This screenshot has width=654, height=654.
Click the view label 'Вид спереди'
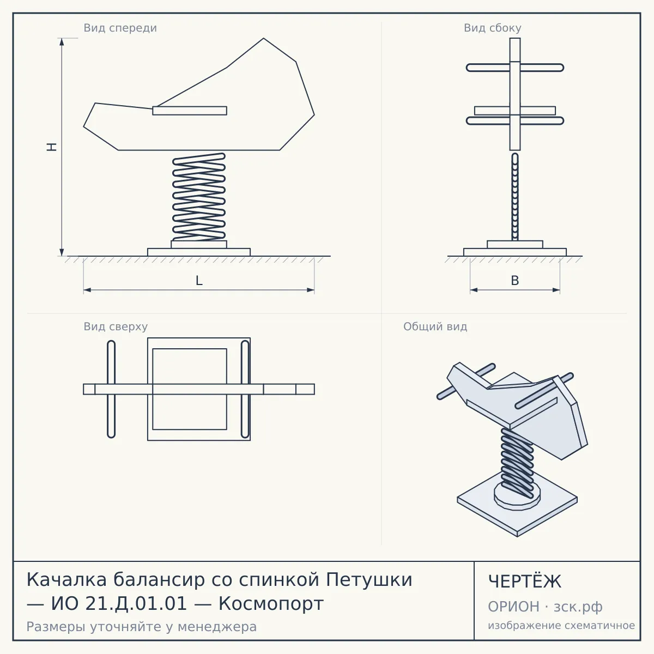pyautogui.click(x=120, y=28)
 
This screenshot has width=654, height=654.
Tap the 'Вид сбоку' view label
pyautogui.click(x=493, y=28)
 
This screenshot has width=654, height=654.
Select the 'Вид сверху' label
pyautogui.click(x=116, y=326)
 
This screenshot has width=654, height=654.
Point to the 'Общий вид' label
pyautogui.click(x=435, y=326)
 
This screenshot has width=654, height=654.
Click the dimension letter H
pyautogui.click(x=52, y=147)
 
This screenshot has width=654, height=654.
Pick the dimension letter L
pyautogui.click(x=199, y=281)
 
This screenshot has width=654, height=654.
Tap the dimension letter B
pyautogui.click(x=515, y=281)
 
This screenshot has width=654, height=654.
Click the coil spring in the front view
pyautogui.click(x=199, y=197)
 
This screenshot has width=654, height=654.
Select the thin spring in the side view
pyautogui.click(x=515, y=197)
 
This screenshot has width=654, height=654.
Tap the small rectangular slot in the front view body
pyautogui.click(x=189, y=111)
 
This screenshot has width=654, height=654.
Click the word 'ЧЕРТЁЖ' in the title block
pyautogui.click(x=524, y=582)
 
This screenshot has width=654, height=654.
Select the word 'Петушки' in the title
pyautogui.click(x=369, y=580)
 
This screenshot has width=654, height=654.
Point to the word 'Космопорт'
pyautogui.click(x=271, y=604)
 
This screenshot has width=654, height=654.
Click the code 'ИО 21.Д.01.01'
pyautogui.click(x=119, y=604)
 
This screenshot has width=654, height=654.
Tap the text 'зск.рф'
pyautogui.click(x=578, y=607)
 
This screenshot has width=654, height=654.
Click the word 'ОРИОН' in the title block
pyautogui.click(x=513, y=607)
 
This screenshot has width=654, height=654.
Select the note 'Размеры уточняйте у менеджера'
pyautogui.click(x=142, y=627)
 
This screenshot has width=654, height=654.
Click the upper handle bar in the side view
pyautogui.click(x=515, y=68)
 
